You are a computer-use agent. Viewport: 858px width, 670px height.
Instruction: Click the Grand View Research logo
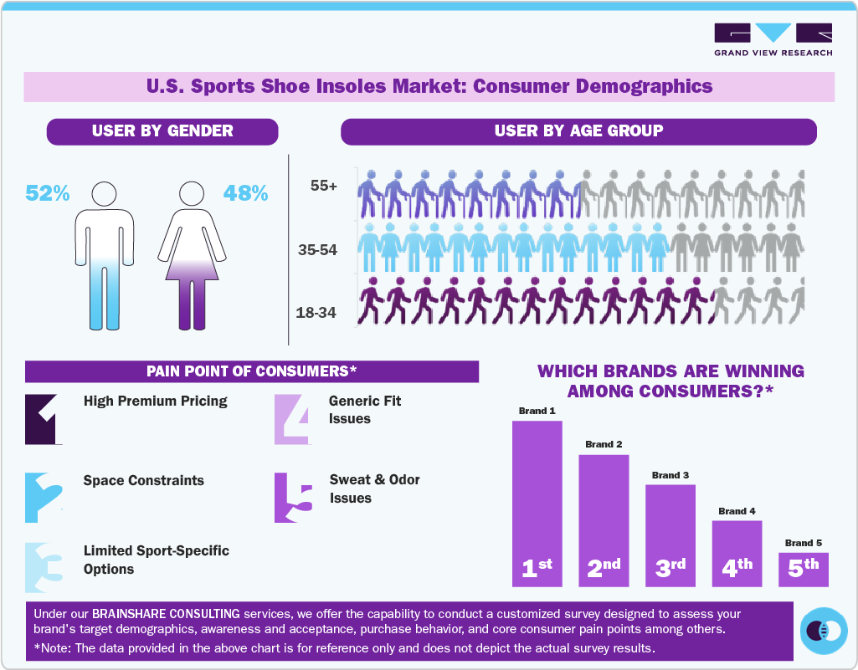pyautogui.click(x=773, y=39)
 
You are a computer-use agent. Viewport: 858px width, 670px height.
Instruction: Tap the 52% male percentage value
pyautogui.click(x=48, y=193)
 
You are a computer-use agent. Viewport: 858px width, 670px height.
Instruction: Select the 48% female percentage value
pyautogui.click(x=245, y=193)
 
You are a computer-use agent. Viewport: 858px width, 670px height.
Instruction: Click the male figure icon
pyautogui.click(x=105, y=255)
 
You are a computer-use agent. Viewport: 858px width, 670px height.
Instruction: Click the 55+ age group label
pyautogui.click(x=323, y=187)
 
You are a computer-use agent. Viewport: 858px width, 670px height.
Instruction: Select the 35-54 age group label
pyautogui.click(x=317, y=249)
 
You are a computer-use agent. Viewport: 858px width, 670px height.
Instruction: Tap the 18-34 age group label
pyautogui.click(x=316, y=313)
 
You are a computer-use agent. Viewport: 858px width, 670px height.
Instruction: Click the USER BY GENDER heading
pyautogui.click(x=162, y=131)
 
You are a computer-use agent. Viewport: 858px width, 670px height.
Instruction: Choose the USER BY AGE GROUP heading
pyautogui.click(x=578, y=131)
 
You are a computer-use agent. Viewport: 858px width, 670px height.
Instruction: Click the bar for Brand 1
pyautogui.click(x=537, y=502)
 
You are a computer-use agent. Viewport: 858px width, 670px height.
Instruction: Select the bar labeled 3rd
pyautogui.click(x=670, y=535)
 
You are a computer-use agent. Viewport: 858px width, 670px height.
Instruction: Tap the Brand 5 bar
pyautogui.click(x=803, y=569)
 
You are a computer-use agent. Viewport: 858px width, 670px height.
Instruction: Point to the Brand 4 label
pyautogui.click(x=737, y=511)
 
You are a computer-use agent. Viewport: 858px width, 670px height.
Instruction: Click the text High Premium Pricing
pyautogui.click(x=155, y=401)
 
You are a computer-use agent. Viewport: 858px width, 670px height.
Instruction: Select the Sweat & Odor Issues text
pyautogui.click(x=374, y=488)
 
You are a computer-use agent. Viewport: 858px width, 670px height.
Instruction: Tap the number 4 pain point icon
pyautogui.click(x=293, y=418)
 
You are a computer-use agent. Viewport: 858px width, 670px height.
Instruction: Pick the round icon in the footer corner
pyautogui.click(x=824, y=630)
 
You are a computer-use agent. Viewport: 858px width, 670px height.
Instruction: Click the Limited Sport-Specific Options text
pyautogui.click(x=156, y=560)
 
